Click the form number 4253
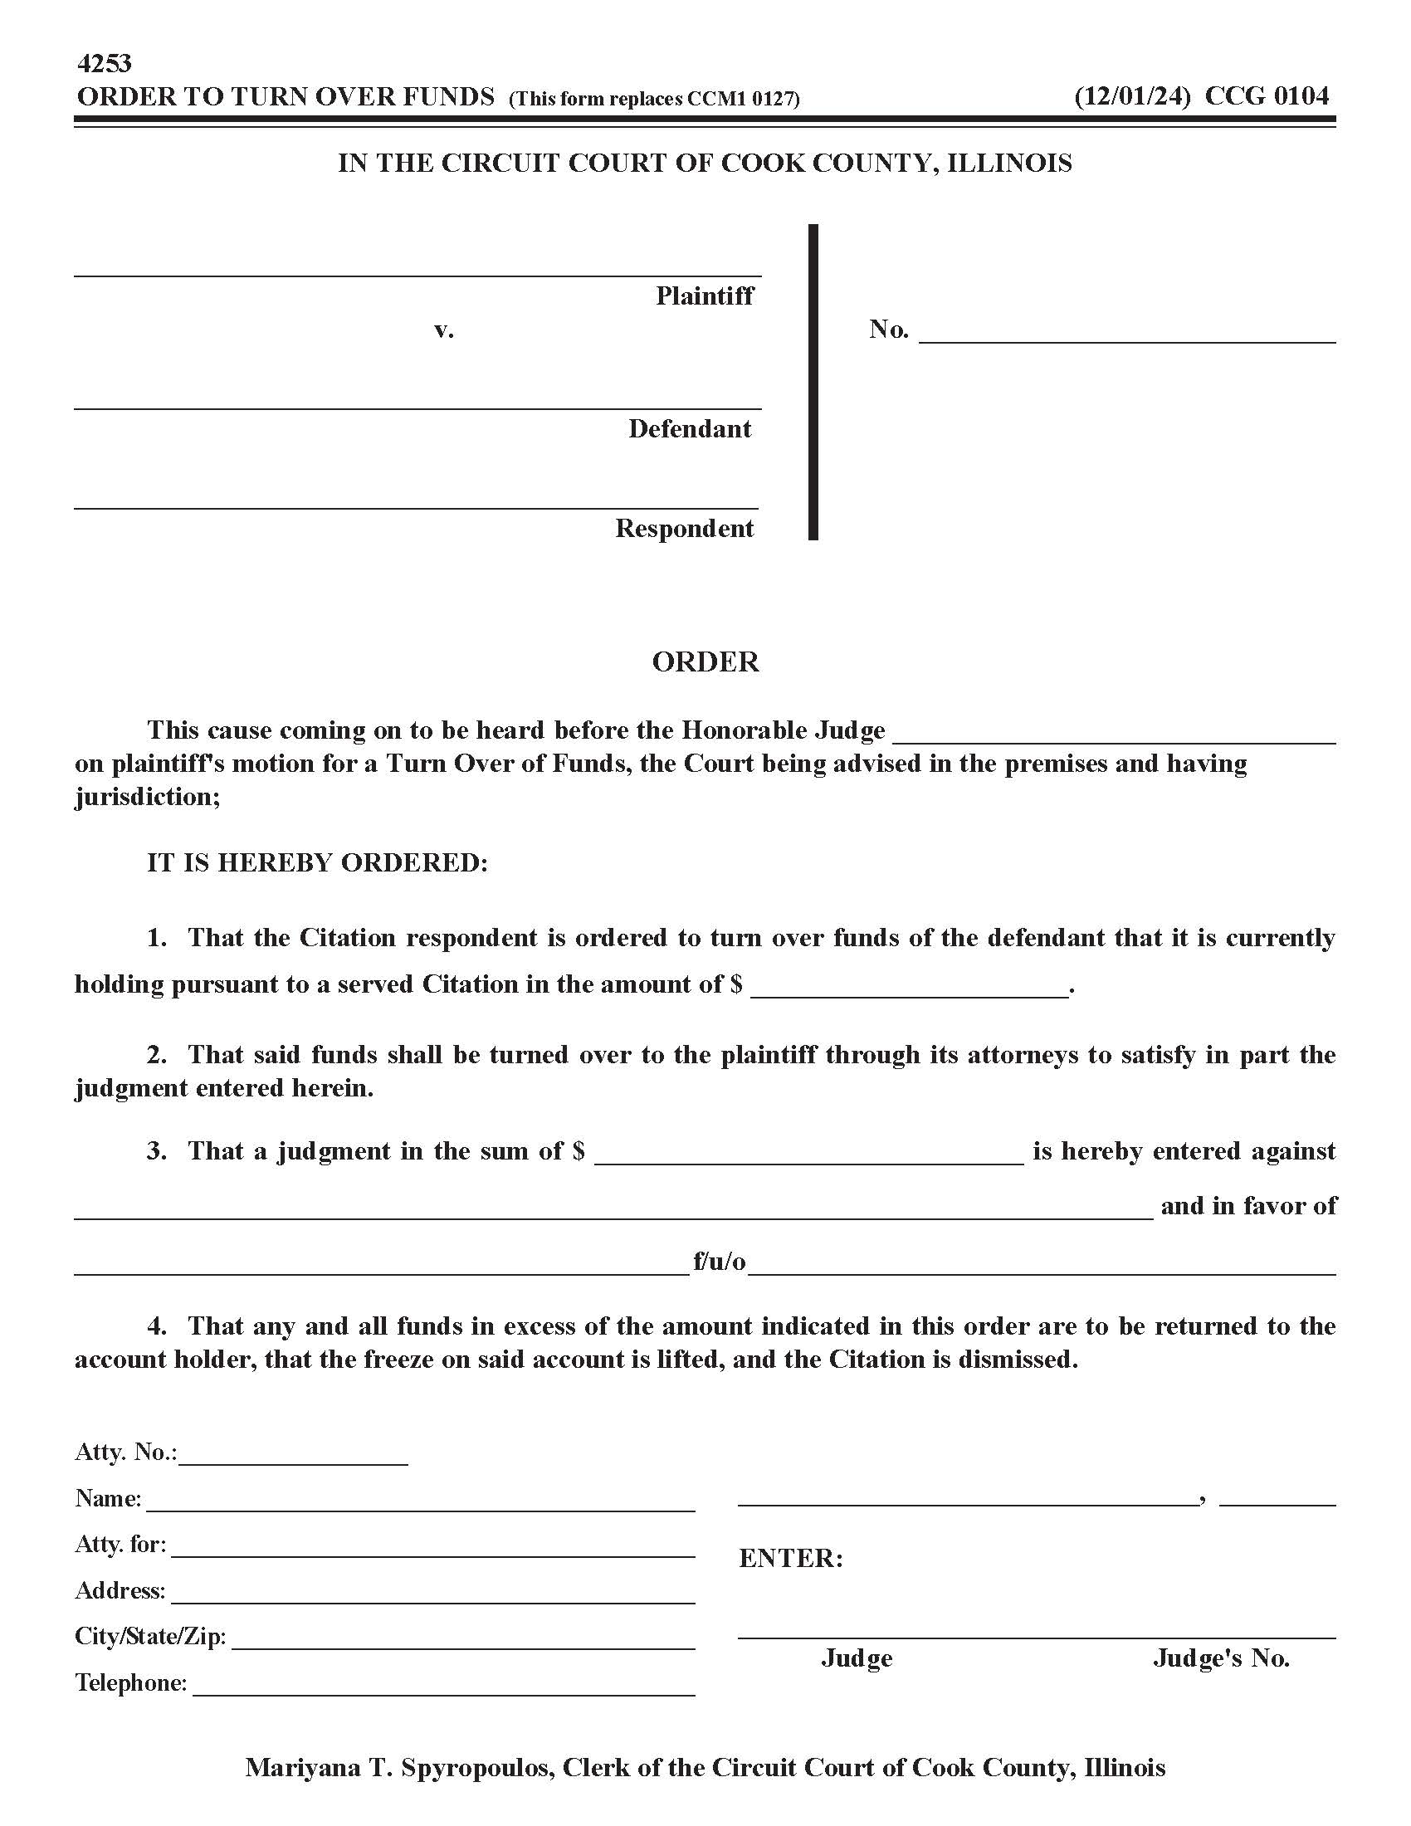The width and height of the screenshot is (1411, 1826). pyautogui.click(x=104, y=64)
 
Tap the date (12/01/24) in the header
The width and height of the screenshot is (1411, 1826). pyautogui.click(x=1132, y=97)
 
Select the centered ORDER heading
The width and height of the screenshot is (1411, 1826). pyautogui.click(x=705, y=662)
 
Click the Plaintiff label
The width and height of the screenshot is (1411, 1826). pyautogui.click(x=704, y=296)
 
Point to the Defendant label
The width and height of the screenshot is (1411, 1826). pyautogui.click(x=690, y=429)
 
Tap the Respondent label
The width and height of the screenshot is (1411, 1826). pyautogui.click(x=685, y=529)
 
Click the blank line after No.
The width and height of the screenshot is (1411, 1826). pyautogui.click(x=1127, y=334)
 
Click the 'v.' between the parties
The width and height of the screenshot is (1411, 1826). pyautogui.click(x=444, y=330)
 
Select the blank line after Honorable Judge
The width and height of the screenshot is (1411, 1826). pyautogui.click(x=1114, y=734)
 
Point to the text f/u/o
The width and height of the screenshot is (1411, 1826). pyautogui.click(x=719, y=1261)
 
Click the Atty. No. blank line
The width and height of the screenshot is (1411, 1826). pyautogui.click(x=292, y=1456)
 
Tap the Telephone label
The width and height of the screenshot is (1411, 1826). pyautogui.click(x=131, y=1682)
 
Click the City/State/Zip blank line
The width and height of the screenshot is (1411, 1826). pyautogui.click(x=463, y=1639)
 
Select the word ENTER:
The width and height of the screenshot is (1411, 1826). pyautogui.click(x=791, y=1559)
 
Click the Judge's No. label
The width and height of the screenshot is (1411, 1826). pyautogui.click(x=1220, y=1658)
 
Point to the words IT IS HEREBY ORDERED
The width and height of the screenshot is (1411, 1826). pyautogui.click(x=317, y=862)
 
